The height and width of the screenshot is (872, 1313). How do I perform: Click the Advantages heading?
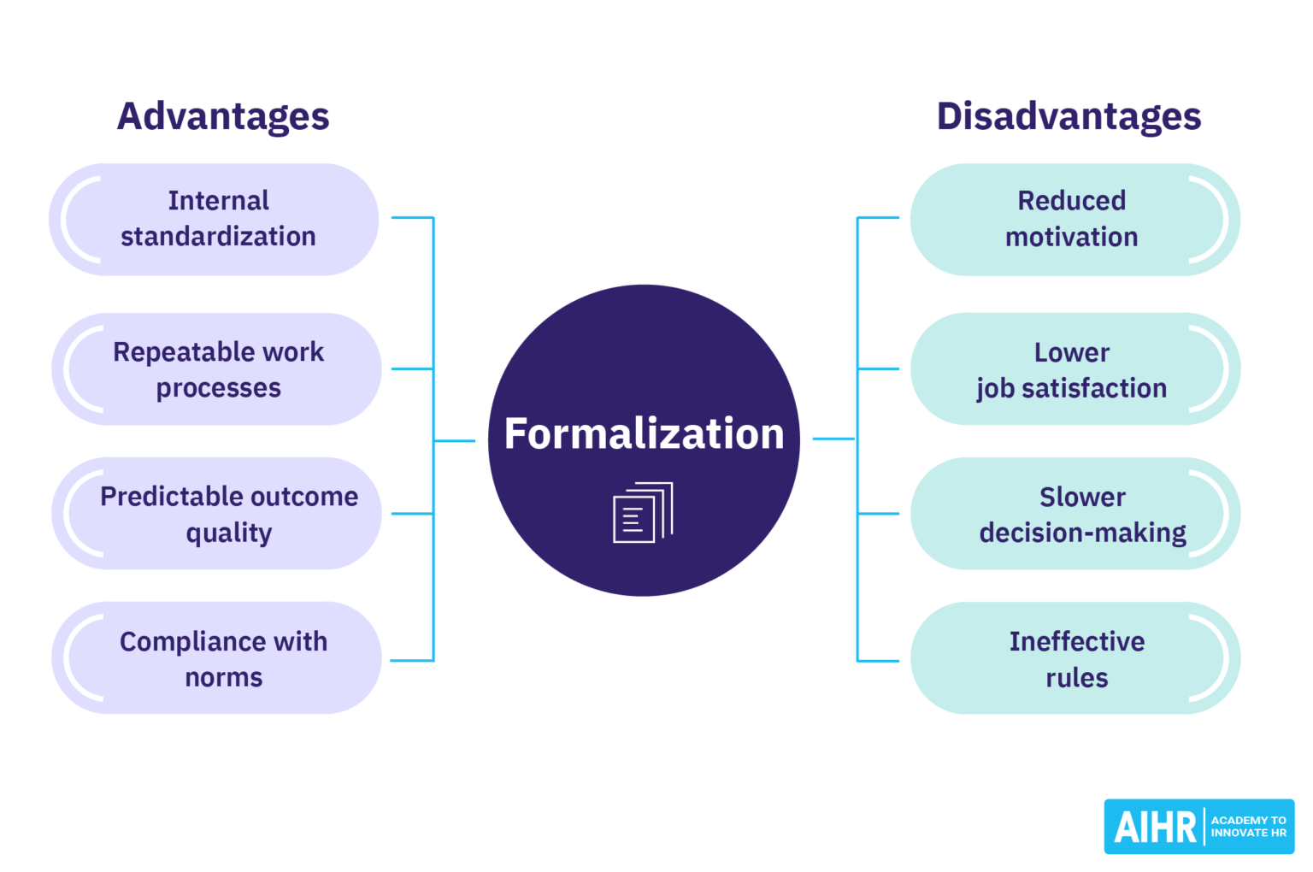(x=223, y=116)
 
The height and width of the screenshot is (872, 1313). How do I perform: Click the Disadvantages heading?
(x=1069, y=116)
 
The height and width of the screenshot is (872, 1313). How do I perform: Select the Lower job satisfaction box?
(x=1071, y=369)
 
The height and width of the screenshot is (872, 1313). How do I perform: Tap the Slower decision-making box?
(x=1081, y=514)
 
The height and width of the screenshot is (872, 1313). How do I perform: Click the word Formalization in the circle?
(x=644, y=433)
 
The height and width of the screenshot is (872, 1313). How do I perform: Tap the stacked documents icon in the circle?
(x=643, y=512)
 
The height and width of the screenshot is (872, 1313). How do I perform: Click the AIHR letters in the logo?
(x=1155, y=828)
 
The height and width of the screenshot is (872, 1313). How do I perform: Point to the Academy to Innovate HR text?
(x=1248, y=827)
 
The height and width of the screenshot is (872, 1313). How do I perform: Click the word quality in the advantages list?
(x=228, y=533)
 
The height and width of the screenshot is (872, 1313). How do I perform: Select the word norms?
(x=223, y=678)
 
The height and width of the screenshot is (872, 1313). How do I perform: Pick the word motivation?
(x=1071, y=237)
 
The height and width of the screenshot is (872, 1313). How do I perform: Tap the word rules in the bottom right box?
(x=1076, y=678)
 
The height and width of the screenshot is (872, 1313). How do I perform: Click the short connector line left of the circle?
(x=454, y=441)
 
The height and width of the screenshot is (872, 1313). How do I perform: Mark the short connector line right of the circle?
(x=833, y=439)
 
